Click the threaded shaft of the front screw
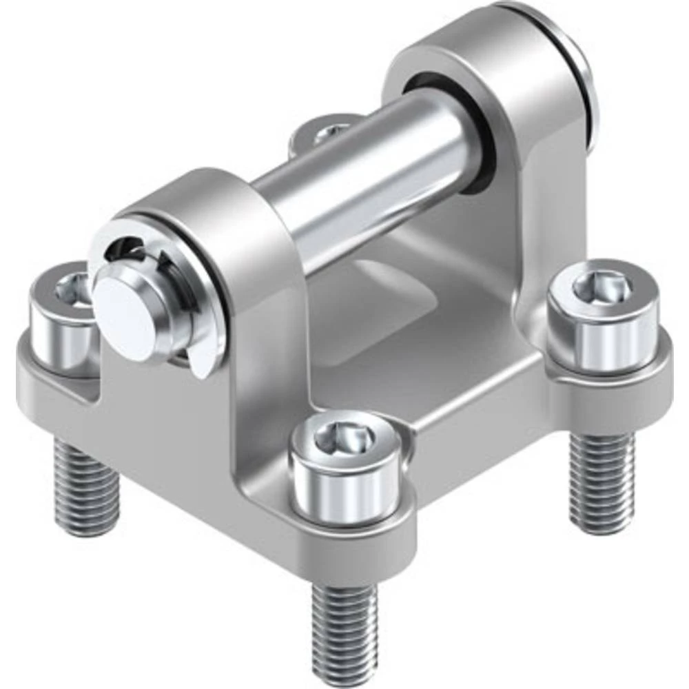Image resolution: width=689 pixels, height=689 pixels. point(342,620)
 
